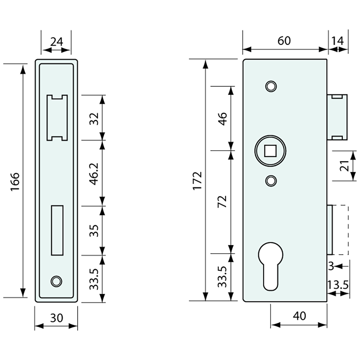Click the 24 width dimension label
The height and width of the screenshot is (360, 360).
pos(56,42)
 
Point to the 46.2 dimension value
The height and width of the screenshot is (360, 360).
pos(94,173)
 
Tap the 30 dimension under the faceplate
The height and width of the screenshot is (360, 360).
pos(56,317)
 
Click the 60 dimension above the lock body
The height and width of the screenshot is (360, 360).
pos(284,41)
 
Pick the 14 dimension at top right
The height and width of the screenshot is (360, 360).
pos(337,41)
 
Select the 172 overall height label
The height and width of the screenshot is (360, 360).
pos(197,180)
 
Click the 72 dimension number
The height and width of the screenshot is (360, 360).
pos(222,202)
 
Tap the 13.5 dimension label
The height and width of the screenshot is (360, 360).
pos(338,285)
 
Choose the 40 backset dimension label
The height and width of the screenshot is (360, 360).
pos(299,316)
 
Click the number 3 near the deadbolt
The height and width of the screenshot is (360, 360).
pos(331,266)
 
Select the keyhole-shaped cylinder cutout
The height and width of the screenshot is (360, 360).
pos(270,265)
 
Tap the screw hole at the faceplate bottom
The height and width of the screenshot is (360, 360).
pos(56,281)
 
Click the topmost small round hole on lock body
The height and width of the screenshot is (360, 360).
pos(271,86)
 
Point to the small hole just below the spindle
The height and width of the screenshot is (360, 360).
pos(271,181)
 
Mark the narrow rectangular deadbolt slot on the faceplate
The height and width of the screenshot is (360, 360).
pos(57,230)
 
